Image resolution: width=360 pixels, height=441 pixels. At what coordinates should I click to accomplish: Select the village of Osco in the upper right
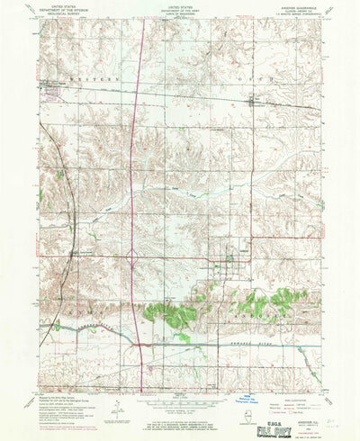(x=251, y=101)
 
